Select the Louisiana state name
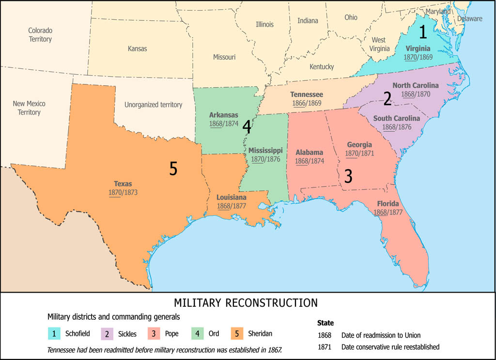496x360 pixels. (x=231, y=198)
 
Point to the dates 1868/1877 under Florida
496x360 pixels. (x=388, y=212)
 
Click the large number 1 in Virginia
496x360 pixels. (x=423, y=32)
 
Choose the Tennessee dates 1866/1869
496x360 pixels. (x=307, y=103)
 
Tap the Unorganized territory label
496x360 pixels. (x=153, y=105)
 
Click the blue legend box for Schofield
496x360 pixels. (x=54, y=333)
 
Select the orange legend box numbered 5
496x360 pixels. (x=236, y=333)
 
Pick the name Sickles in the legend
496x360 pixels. (x=127, y=334)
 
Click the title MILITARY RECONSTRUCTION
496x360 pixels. (x=246, y=303)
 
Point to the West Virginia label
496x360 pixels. (x=379, y=44)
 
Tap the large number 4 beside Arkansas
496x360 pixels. (x=247, y=126)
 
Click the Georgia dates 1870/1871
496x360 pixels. (x=359, y=153)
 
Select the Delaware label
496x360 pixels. (x=469, y=19)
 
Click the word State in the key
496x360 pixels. (x=325, y=323)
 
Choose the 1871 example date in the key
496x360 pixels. (x=325, y=347)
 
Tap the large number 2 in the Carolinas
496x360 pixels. (x=387, y=98)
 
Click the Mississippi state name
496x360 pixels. (x=265, y=150)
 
